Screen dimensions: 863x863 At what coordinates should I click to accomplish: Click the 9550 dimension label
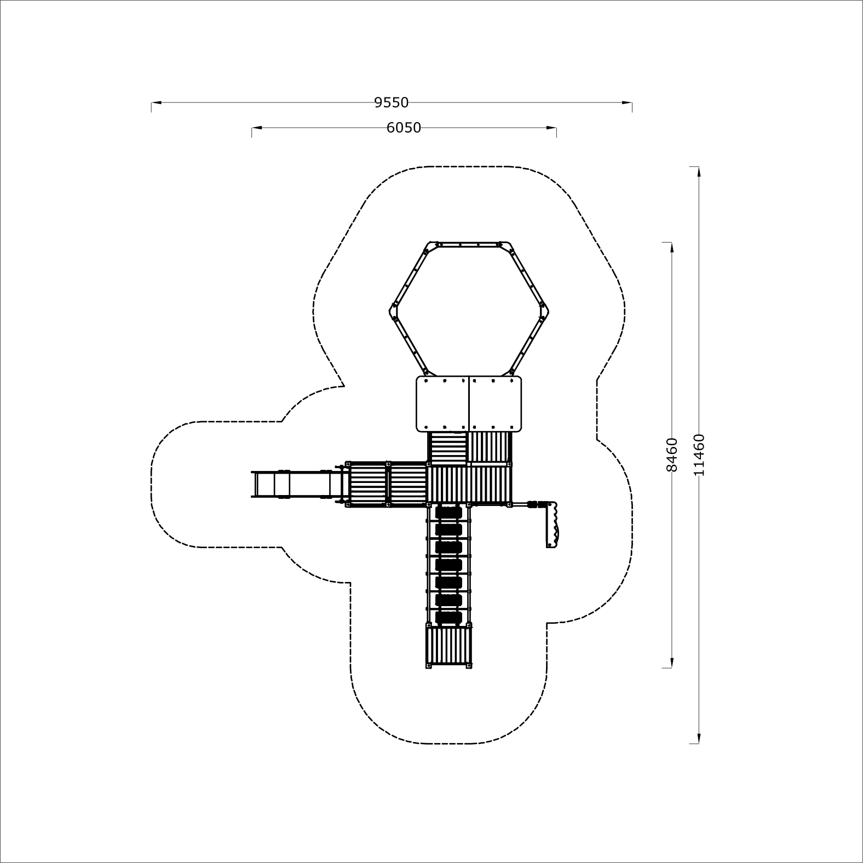pos(392,102)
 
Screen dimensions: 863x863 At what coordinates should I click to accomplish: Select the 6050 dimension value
pos(404,128)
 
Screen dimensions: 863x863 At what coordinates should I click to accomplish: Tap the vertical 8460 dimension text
pos(672,454)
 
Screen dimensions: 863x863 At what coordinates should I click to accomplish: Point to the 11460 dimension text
pos(699,454)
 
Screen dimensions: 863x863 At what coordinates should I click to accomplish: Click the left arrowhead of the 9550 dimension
pos(156,102)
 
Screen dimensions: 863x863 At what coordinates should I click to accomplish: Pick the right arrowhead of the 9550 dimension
pos(627,102)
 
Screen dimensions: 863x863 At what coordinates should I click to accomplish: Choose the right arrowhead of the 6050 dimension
pos(551,128)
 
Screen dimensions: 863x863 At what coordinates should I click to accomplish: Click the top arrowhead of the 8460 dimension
pos(672,247)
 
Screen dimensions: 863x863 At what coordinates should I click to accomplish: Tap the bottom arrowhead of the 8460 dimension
pos(672,663)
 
